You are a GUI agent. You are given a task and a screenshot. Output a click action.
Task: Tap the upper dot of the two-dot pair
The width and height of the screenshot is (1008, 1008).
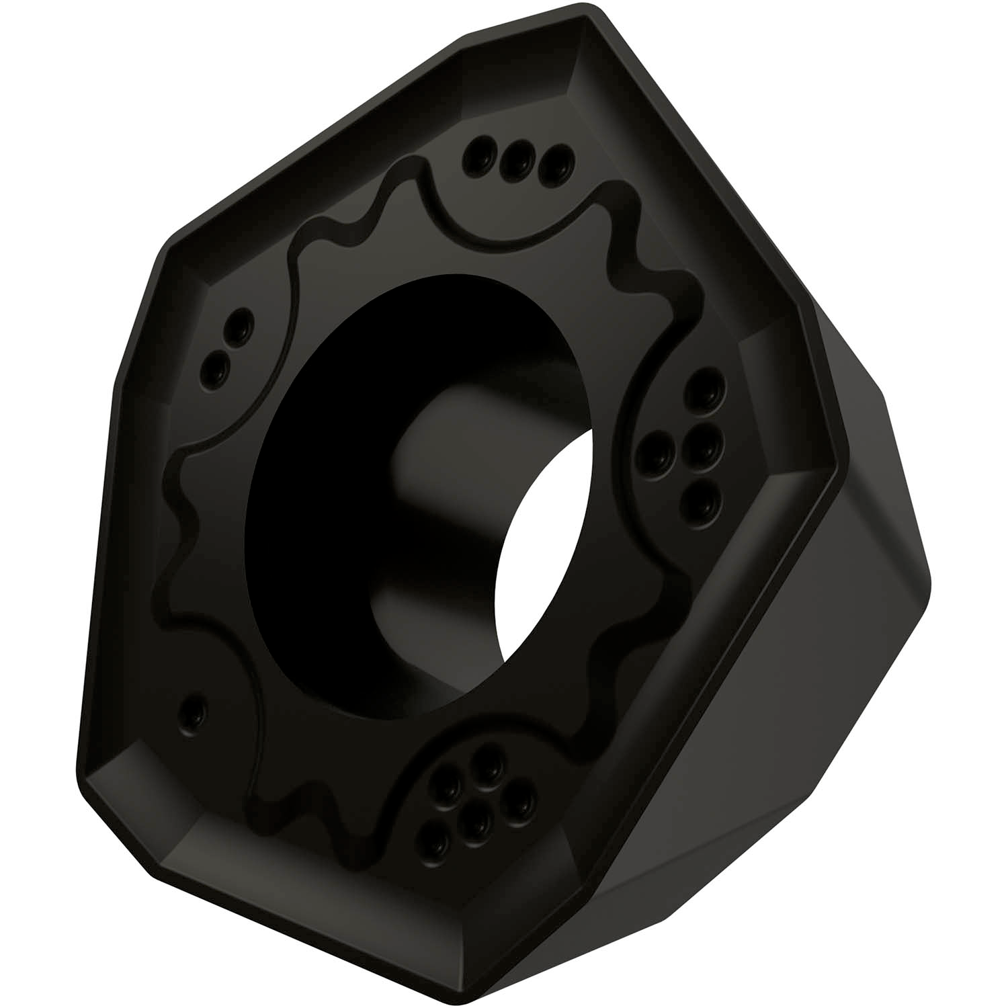tap(238, 325)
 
